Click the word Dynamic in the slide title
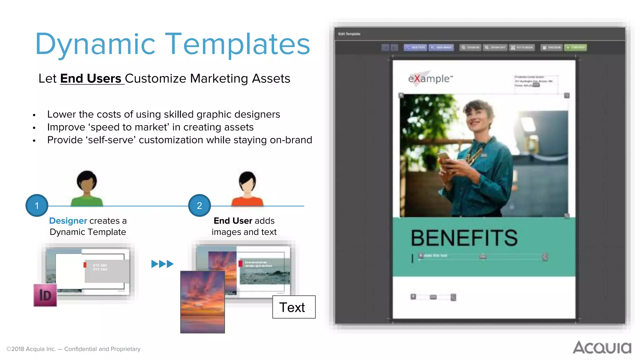pyautogui.click(x=95, y=44)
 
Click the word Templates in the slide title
pyautogui.click(x=237, y=44)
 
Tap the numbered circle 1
pyautogui.click(x=37, y=206)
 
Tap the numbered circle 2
pyautogui.click(x=199, y=206)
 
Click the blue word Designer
pyautogui.click(x=68, y=221)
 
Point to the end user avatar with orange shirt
pyautogui.click(x=247, y=189)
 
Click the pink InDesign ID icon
pyautogui.click(x=45, y=295)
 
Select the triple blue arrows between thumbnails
pyautogui.click(x=162, y=264)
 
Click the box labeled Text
pyautogui.click(x=294, y=307)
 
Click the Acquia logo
pyautogui.click(x=602, y=347)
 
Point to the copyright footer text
pyautogui.click(x=73, y=349)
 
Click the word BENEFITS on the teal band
pyautogui.click(x=464, y=238)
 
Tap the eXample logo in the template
pyautogui.click(x=430, y=78)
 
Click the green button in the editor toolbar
pyautogui.click(x=575, y=47)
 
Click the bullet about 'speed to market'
pyautogui.click(x=150, y=127)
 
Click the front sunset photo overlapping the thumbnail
pyautogui.click(x=202, y=302)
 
